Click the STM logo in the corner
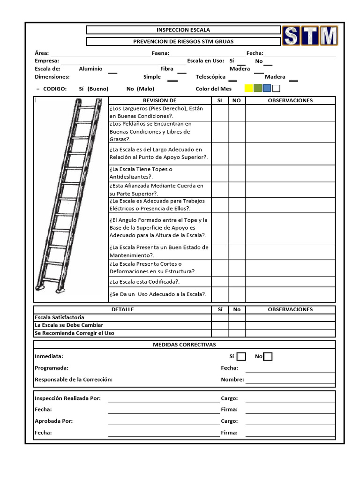click(x=310, y=36)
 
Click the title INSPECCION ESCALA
click(x=183, y=30)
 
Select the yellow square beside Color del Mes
click(x=248, y=88)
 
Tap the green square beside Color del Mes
click(x=257, y=88)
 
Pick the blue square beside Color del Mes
click(x=267, y=88)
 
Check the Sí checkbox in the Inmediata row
click(x=241, y=357)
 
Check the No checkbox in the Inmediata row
click(x=268, y=357)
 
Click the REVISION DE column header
click(x=159, y=100)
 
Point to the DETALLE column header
click(x=122, y=309)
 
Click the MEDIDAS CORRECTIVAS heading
click(x=184, y=345)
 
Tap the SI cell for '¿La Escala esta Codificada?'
click(x=220, y=282)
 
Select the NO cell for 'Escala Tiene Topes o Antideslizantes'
click(x=236, y=173)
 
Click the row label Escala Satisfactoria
click(x=60, y=317)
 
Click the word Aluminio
click(x=90, y=69)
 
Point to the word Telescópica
click(x=210, y=77)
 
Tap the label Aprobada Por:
click(x=53, y=421)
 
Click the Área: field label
click(x=42, y=53)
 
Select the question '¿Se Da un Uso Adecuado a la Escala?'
click(x=157, y=294)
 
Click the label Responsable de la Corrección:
click(x=73, y=380)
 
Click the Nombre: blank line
click(x=290, y=381)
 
